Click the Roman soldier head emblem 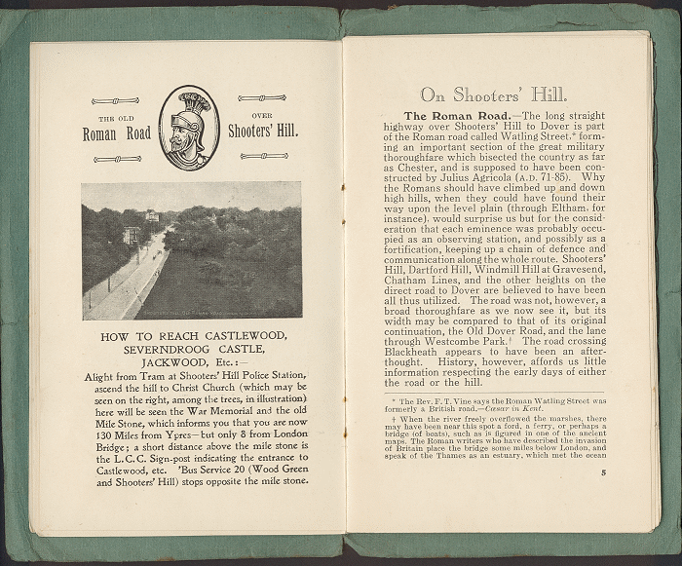tap(189, 128)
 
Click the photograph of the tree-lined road tap(190, 250)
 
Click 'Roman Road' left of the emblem tap(116, 133)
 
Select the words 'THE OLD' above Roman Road tap(116, 116)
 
